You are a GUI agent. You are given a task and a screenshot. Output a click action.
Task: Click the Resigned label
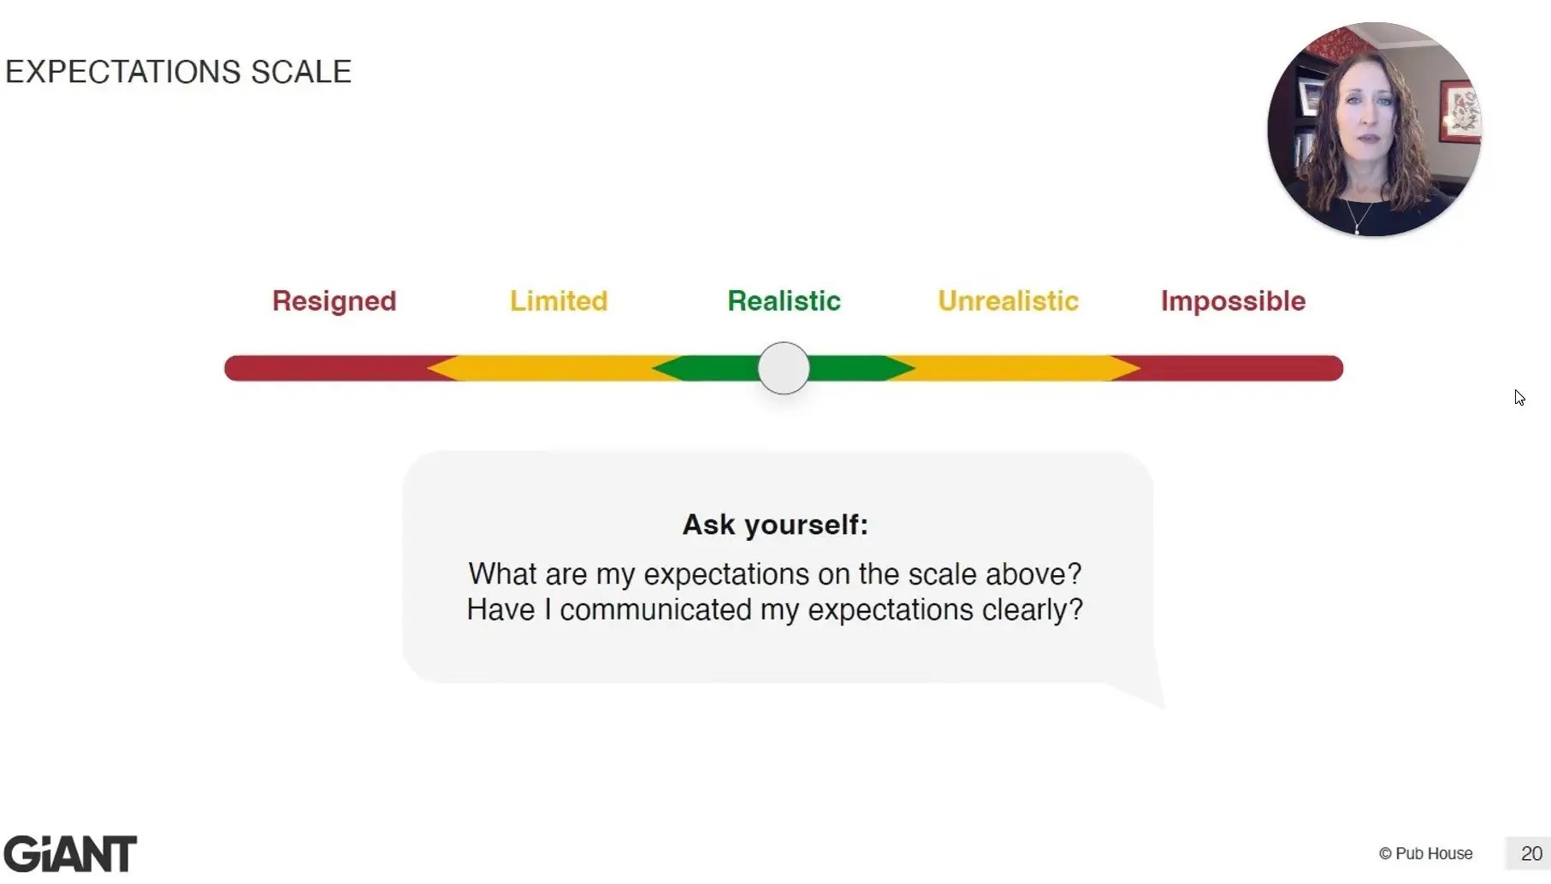pos(334,301)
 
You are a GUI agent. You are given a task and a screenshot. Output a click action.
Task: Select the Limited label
pos(559,301)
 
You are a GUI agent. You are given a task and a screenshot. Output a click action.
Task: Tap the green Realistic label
pos(784,301)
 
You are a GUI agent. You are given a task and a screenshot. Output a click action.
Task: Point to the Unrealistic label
pos(1008,301)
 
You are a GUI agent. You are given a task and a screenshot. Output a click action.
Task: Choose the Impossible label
pos(1233,301)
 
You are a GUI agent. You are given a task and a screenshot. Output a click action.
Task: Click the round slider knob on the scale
pos(784,368)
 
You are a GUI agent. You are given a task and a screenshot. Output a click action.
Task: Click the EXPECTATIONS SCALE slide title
pos(178,72)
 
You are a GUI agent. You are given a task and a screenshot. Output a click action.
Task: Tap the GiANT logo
pos(70,853)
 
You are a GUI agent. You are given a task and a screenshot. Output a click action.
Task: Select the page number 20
pos(1530,853)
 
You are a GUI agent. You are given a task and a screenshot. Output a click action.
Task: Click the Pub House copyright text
pos(1425,853)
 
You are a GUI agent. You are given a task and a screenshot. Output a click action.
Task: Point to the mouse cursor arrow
pos(1518,396)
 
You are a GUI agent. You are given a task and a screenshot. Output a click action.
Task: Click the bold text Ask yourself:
pos(775,525)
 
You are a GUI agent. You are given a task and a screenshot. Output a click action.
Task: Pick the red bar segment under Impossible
pos(1240,368)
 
